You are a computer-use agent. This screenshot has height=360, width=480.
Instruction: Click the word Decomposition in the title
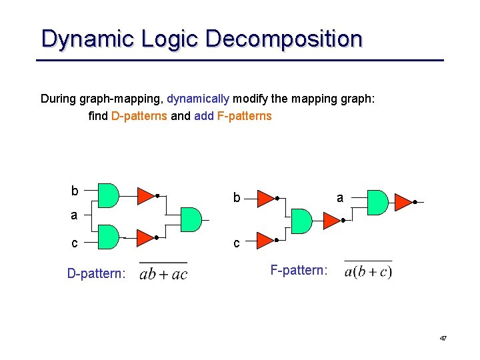[284, 39]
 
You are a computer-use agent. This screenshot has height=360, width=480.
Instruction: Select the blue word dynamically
[198, 99]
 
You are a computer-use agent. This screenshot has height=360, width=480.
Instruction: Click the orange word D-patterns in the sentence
[139, 116]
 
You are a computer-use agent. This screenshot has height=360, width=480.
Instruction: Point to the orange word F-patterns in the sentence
[245, 116]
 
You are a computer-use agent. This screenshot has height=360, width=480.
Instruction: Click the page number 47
[443, 339]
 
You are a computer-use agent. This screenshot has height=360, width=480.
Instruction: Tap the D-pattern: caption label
[96, 273]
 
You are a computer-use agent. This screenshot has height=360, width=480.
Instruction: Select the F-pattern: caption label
[299, 270]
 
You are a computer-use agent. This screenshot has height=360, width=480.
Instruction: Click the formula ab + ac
[163, 273]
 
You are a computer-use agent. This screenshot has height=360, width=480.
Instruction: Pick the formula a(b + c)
[368, 271]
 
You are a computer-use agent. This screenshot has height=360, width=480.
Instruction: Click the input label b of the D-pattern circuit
[75, 191]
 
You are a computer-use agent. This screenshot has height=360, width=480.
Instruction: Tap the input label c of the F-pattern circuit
[236, 243]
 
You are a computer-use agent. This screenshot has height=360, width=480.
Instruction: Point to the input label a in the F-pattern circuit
[340, 197]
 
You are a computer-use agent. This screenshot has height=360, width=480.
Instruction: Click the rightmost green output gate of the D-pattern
[191, 219]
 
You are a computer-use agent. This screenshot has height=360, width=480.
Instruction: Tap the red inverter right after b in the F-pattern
[265, 198]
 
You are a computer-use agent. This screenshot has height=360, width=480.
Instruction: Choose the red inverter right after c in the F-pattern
[265, 239]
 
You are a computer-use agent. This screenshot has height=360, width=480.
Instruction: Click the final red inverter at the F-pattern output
[403, 201]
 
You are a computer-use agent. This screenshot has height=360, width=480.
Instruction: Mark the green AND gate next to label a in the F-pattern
[377, 202]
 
